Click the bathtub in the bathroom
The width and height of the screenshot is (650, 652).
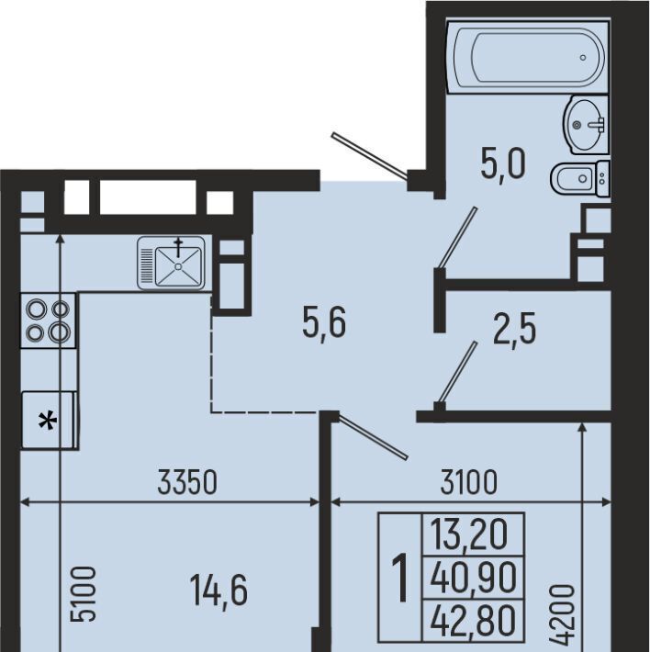coord(528,57)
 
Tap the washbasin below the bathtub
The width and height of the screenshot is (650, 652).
coord(586,125)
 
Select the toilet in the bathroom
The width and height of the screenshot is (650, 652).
coord(580,178)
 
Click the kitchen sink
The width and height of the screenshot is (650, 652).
coord(172,263)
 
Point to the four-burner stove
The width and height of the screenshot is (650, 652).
coord(49,320)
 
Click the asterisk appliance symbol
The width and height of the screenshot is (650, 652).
coord(48,421)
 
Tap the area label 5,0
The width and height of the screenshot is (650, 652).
coord(503,163)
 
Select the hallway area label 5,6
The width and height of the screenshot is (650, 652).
coord(324,321)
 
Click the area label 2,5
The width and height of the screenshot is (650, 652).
coord(514,329)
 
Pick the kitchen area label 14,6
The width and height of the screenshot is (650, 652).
coord(219,590)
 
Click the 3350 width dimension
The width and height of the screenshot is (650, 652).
coord(188,482)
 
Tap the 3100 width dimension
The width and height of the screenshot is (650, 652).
coord(469,482)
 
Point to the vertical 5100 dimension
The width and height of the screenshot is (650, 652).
coord(84,593)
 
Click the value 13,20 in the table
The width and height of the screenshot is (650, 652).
coord(469,534)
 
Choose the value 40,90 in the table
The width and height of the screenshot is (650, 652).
coord(473,576)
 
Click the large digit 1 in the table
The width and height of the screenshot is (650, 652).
coord(400,578)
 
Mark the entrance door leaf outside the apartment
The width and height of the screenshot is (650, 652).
coord(369,156)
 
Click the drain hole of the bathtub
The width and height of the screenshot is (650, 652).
coord(583,57)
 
